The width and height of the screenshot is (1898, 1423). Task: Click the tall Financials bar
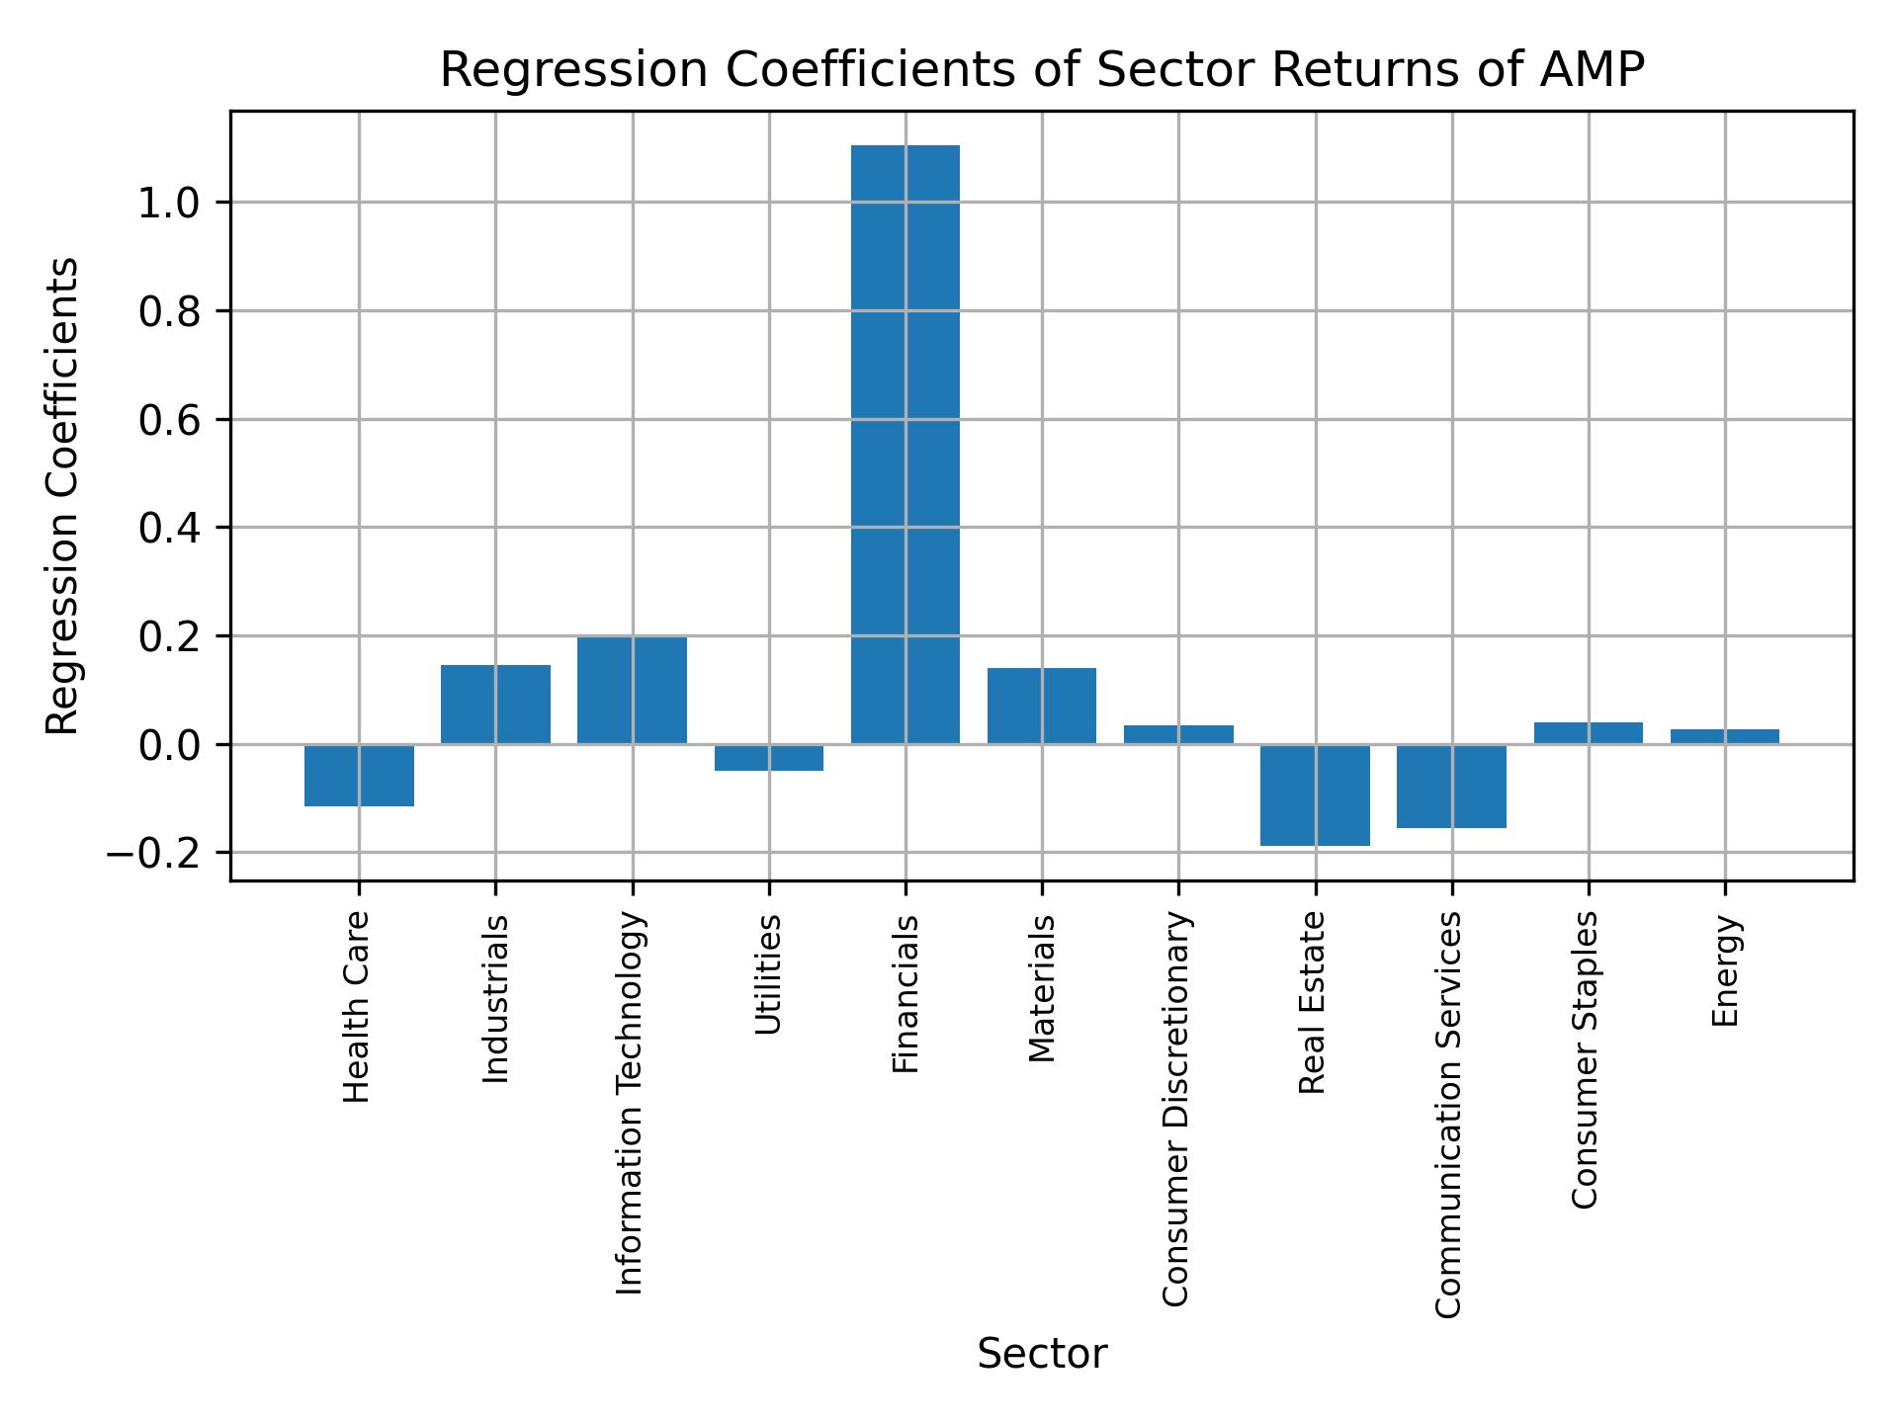click(905, 445)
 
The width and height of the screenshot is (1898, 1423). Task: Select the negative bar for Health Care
click(359, 775)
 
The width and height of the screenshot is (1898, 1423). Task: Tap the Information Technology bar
click(632, 690)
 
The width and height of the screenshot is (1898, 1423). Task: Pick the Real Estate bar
click(1315, 795)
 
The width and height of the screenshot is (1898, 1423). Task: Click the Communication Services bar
click(1451, 786)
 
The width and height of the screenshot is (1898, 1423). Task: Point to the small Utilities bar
click(768, 757)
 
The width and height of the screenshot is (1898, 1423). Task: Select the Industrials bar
click(495, 704)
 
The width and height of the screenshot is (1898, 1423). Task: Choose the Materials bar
click(1041, 706)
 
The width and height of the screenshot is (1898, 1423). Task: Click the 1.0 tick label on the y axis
click(169, 204)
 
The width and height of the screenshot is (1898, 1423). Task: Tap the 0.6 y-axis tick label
click(169, 420)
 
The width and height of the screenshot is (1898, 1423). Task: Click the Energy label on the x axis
click(1725, 971)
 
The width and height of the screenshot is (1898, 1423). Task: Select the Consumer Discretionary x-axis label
click(1175, 1109)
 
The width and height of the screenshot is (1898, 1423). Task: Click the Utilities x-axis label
click(768, 975)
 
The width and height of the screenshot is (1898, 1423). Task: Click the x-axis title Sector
click(1041, 1355)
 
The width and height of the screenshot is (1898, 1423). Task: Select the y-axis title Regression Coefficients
click(63, 496)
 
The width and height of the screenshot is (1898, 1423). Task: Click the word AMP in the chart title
click(1594, 71)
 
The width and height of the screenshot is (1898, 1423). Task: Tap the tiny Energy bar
click(1724, 736)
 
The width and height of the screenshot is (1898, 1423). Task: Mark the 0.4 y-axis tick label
click(169, 529)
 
